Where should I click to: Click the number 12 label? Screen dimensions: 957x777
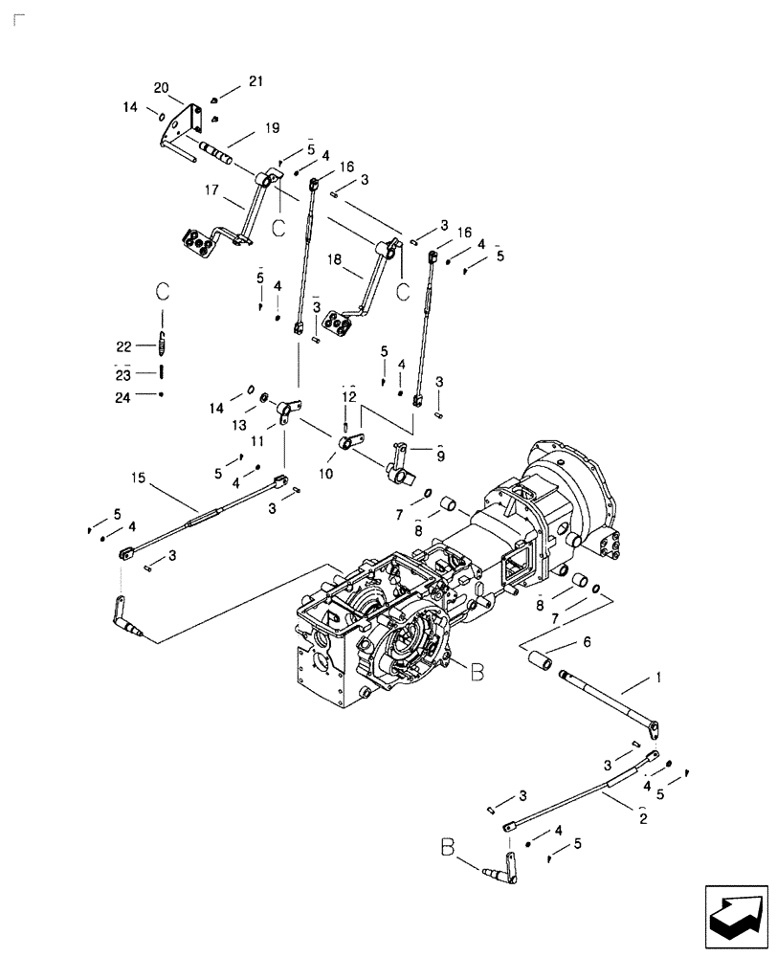(349, 395)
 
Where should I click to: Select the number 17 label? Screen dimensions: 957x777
(211, 190)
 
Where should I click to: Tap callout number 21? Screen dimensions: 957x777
(255, 81)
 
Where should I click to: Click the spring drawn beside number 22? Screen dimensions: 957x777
(163, 342)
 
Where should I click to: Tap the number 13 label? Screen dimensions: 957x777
(238, 422)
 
